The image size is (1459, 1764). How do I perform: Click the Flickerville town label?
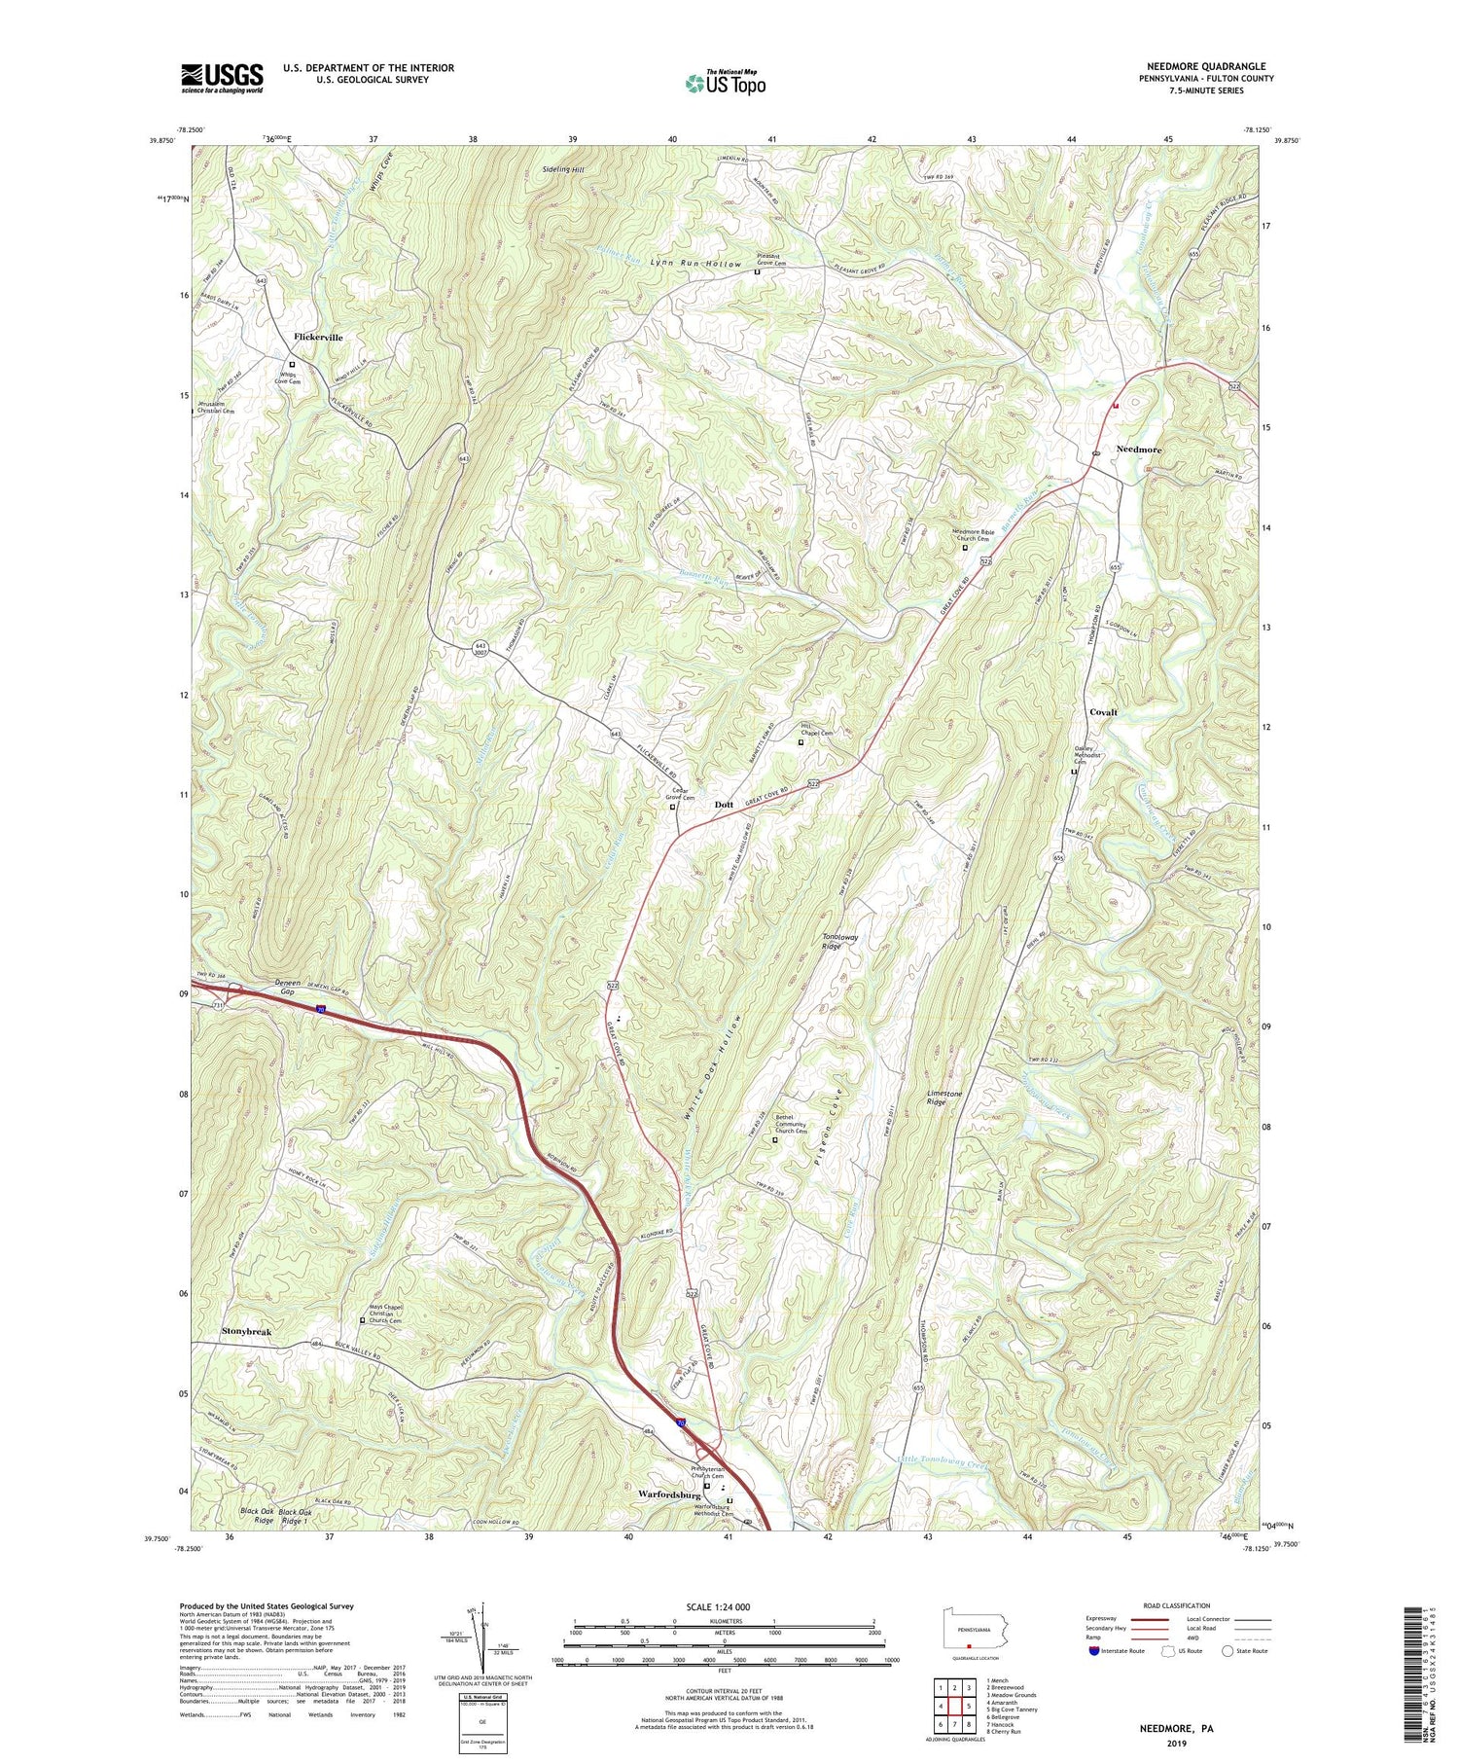coord(318,337)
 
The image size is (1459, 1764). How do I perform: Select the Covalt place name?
coord(1103,712)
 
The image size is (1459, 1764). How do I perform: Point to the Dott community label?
coord(724,805)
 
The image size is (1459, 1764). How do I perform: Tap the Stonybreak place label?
coord(247,1330)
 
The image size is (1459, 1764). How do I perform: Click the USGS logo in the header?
coord(222,78)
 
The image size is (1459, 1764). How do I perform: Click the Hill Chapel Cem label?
coord(817,730)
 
